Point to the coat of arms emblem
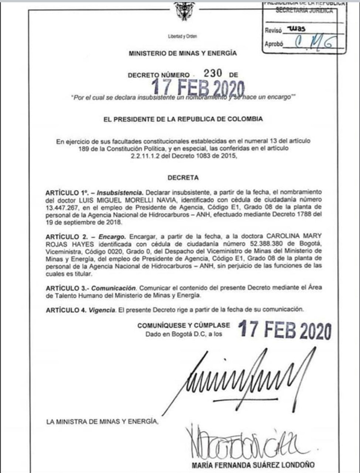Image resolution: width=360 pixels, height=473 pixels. [x=184, y=11]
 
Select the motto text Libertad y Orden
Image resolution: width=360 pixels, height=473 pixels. [x=182, y=36]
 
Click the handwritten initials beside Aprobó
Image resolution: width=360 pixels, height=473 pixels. [x=315, y=44]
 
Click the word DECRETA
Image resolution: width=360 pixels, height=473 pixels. [x=183, y=178]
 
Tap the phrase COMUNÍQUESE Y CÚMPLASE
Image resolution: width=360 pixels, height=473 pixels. [x=184, y=325]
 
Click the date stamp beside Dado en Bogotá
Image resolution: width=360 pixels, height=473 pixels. [x=284, y=331]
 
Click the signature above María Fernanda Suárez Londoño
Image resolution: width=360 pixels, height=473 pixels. [x=245, y=442]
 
